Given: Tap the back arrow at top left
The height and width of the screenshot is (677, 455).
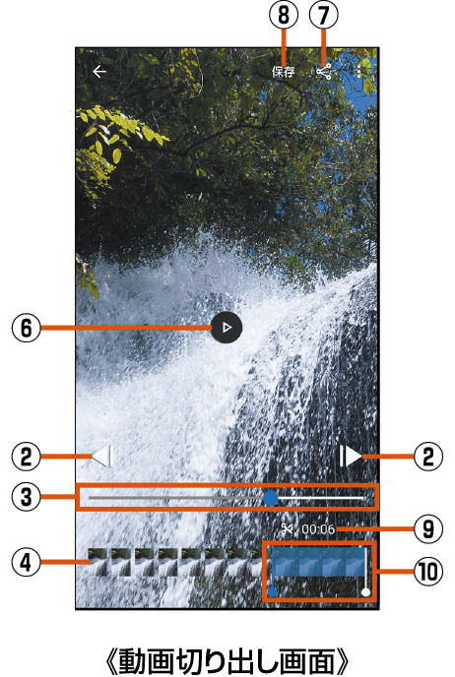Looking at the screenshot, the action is pyautogui.click(x=99, y=72).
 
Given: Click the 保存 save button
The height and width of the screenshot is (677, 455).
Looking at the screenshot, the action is pyautogui.click(x=284, y=72).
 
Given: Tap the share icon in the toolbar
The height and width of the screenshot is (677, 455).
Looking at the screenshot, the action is pyautogui.click(x=324, y=72).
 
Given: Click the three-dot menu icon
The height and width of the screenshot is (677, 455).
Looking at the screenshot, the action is pyautogui.click(x=358, y=72).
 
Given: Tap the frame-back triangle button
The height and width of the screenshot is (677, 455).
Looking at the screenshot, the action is pyautogui.click(x=102, y=456).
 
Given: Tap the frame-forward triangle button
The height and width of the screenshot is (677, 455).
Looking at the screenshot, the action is pyautogui.click(x=351, y=456).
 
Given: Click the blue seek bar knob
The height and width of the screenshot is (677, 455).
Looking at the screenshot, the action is pyautogui.click(x=271, y=498).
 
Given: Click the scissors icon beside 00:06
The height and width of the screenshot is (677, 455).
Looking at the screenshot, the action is pyautogui.click(x=287, y=528).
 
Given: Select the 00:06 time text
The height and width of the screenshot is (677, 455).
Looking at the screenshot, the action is pyautogui.click(x=318, y=529).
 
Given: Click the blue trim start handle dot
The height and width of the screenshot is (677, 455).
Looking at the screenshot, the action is pyautogui.click(x=272, y=592).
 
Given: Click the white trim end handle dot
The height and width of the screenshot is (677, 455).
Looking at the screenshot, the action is pyautogui.click(x=366, y=592).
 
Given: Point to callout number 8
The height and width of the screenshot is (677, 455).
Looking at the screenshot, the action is pyautogui.click(x=284, y=15).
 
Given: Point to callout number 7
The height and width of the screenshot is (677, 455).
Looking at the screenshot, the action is pyautogui.click(x=324, y=15).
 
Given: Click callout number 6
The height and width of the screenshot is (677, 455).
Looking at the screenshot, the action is pyautogui.click(x=26, y=328).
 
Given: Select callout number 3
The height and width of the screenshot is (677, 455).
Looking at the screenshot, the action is pyautogui.click(x=26, y=497).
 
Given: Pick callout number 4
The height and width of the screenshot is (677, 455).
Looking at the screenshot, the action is pyautogui.click(x=26, y=563).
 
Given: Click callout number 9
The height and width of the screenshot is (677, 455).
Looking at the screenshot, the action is pyautogui.click(x=428, y=528).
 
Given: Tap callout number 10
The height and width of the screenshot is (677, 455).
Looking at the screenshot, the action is pyautogui.click(x=428, y=572).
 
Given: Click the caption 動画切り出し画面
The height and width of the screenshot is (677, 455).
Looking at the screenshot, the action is pyautogui.click(x=227, y=660).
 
